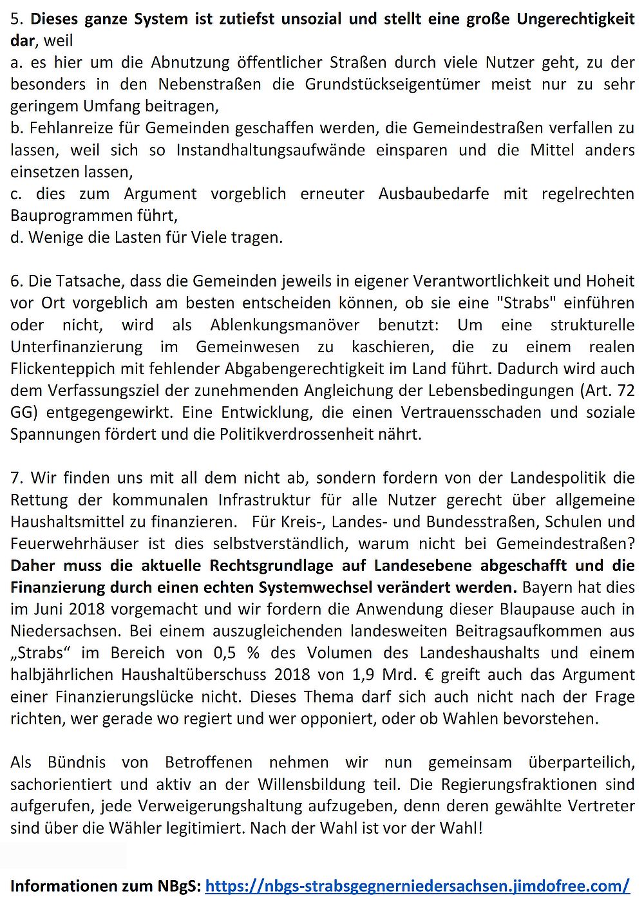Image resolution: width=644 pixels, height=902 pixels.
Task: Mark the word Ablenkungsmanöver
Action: tap(285, 325)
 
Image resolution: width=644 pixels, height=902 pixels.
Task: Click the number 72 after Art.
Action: tap(625, 391)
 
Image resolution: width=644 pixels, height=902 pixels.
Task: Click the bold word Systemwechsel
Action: tap(383, 588)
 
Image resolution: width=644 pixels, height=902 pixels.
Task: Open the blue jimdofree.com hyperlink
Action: tap(417, 887)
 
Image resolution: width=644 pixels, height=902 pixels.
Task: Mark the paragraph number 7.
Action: tap(15, 478)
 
